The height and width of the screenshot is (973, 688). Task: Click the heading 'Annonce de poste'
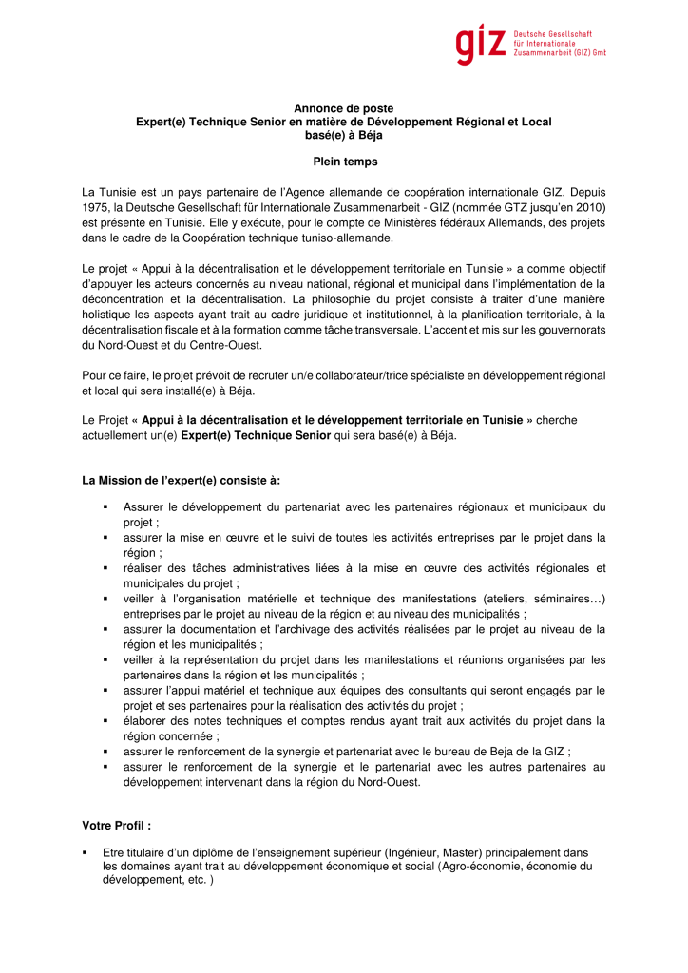pos(343,108)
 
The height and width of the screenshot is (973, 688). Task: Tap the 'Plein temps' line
pos(345,162)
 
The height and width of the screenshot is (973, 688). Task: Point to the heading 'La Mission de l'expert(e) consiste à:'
pos(182,480)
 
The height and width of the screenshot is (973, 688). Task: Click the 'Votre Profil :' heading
pos(118,825)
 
